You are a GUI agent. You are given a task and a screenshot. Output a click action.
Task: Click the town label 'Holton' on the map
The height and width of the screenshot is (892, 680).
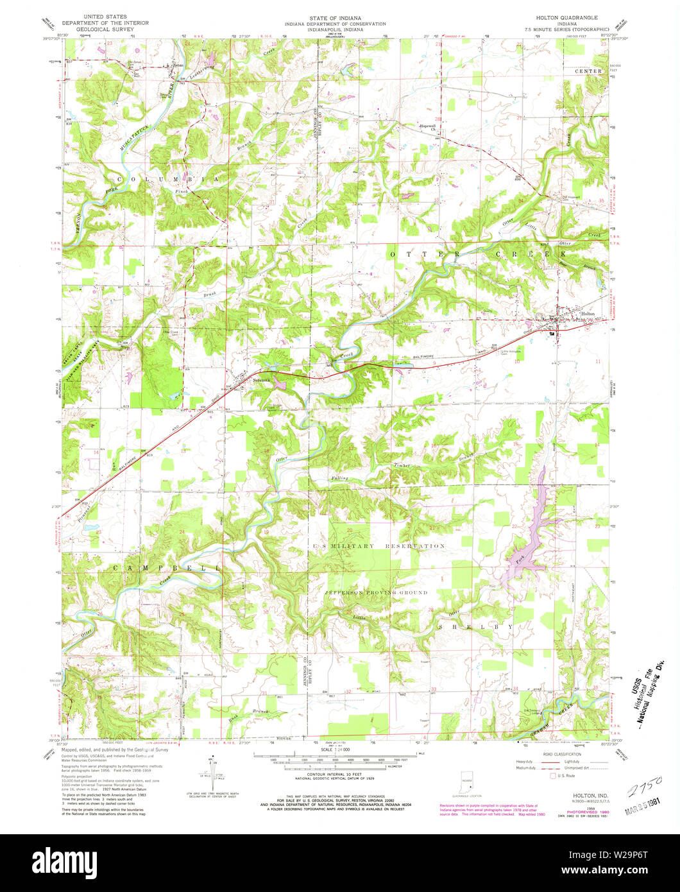point(588,314)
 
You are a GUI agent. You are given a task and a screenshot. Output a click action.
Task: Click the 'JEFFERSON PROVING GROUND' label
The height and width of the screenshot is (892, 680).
point(375,592)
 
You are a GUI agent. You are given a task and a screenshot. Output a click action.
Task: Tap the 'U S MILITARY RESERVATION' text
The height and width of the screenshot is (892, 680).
point(378,546)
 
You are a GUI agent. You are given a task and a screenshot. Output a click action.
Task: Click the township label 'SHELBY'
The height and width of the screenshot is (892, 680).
point(476,626)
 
